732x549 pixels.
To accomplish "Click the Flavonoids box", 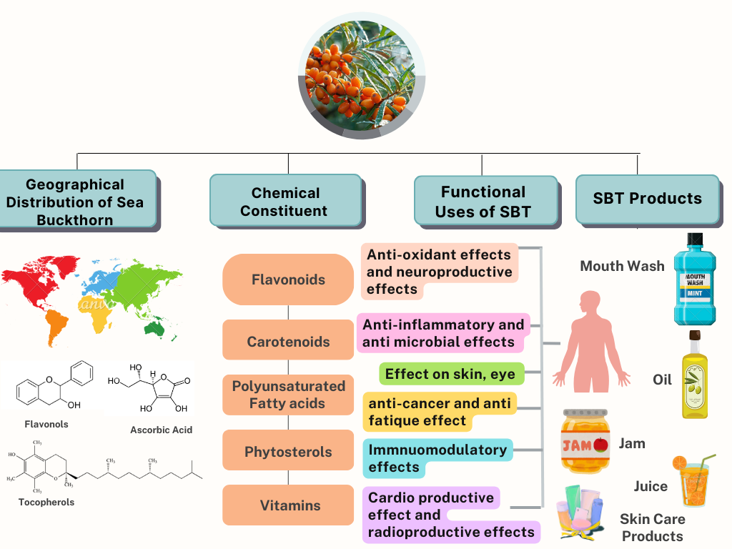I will coord(288,280).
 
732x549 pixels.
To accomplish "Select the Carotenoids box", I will coord(288,341).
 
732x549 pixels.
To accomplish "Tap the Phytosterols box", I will coord(288,451).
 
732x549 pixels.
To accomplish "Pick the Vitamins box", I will coord(288,505).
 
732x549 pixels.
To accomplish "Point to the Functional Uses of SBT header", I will coord(483,201).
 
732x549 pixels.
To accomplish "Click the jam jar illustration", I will coord(585,441).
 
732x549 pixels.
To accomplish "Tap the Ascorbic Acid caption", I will coord(161,430).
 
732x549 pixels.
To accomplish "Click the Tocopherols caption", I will coord(46,502).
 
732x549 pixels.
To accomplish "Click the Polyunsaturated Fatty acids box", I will coord(288,395).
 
